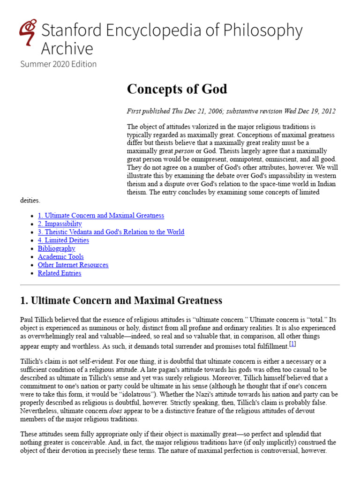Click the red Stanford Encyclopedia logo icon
click(28, 32)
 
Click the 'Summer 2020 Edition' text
click(58, 64)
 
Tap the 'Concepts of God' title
click(177, 89)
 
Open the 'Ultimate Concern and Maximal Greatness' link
click(101, 216)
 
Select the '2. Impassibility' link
click(60, 224)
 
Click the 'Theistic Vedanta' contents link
click(111, 232)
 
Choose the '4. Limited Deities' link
click(63, 240)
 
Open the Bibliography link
click(56, 248)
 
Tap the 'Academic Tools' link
click(60, 257)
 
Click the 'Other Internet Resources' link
click(73, 265)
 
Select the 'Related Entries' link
click(59, 273)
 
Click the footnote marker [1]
click(292, 344)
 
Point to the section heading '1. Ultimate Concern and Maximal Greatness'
click(121, 300)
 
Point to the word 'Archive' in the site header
click(67, 49)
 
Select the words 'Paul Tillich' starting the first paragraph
click(36, 320)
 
